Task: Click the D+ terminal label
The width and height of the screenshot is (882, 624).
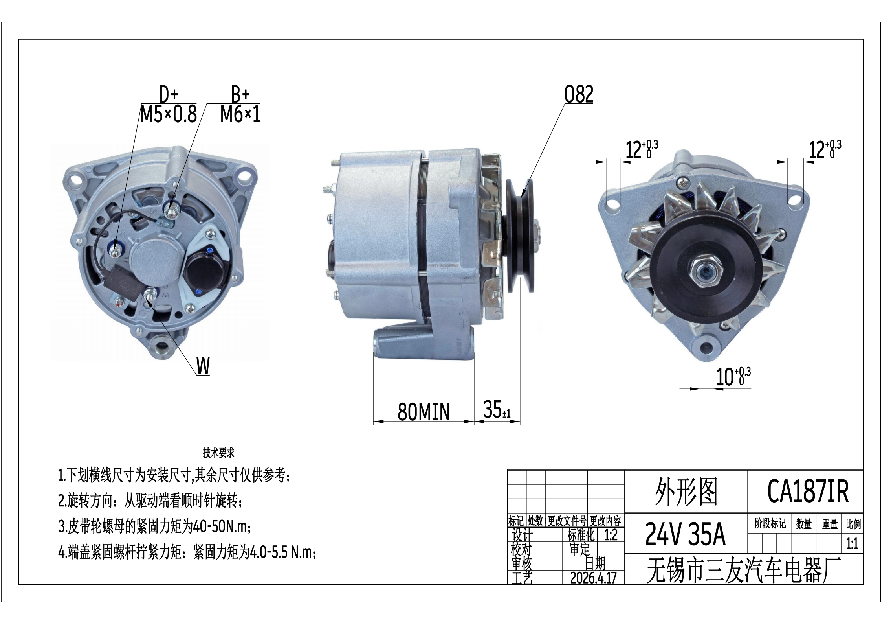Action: click(x=169, y=95)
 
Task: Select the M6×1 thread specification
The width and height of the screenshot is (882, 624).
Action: click(x=240, y=115)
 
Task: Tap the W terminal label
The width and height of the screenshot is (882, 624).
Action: click(x=203, y=366)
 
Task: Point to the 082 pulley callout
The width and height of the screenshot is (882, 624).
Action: click(x=579, y=94)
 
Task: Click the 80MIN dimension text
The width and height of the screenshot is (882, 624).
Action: click(x=424, y=412)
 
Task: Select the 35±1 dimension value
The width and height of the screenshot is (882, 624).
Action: click(x=497, y=410)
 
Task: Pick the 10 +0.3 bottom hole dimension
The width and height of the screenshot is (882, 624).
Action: click(x=733, y=377)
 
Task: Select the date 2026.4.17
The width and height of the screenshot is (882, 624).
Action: click(x=593, y=578)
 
